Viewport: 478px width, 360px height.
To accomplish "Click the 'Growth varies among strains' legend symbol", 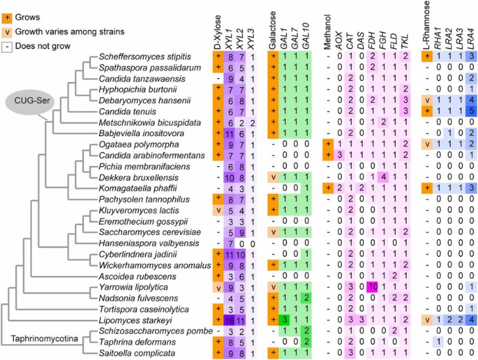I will [7, 29].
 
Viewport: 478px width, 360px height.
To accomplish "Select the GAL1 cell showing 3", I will [283, 321].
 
